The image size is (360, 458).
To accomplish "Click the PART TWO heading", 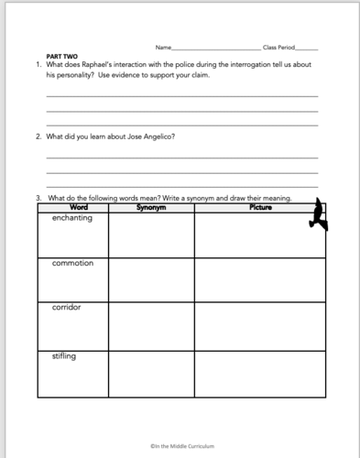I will tap(60, 57).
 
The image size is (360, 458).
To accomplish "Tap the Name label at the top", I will tap(163, 47).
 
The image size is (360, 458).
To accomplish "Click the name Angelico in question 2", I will tap(155, 136).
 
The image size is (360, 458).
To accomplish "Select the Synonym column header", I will tap(150, 206).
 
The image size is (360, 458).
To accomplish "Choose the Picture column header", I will tap(260, 206).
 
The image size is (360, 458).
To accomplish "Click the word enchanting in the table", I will tap(71, 218).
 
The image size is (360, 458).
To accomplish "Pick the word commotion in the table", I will tap(72, 263).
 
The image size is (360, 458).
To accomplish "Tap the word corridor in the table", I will tap(67, 308).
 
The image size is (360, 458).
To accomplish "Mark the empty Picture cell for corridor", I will tap(260, 325).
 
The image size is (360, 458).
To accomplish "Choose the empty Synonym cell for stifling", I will tap(150, 373).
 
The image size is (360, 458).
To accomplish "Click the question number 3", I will tap(38, 197).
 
